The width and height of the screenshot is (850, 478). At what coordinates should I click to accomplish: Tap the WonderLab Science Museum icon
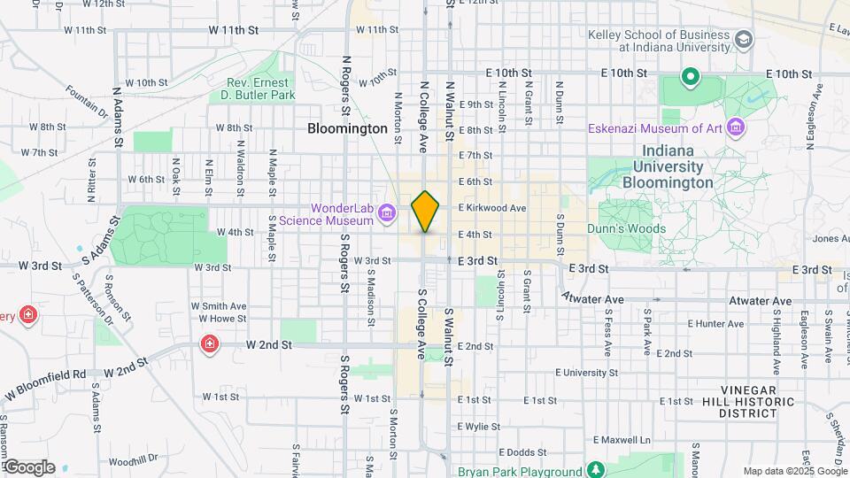386,212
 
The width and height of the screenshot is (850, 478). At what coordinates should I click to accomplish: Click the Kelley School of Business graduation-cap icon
744,40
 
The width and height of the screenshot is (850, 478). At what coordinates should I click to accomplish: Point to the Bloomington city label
347,128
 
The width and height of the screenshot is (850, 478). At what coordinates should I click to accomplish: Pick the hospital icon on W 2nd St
210,343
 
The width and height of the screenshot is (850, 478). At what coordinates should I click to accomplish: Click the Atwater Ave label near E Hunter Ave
760,301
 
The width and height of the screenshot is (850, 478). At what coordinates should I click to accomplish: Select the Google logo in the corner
28,467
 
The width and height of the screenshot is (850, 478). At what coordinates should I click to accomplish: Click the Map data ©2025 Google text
795,471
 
